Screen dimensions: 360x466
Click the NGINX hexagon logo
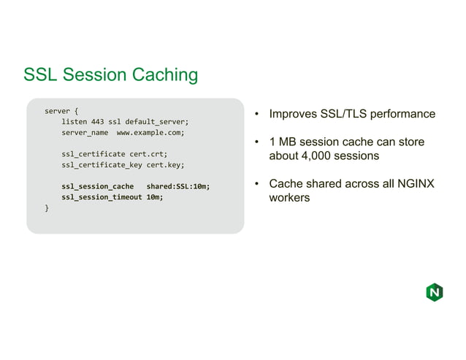tap(434, 293)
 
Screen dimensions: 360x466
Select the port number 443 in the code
tap(97, 121)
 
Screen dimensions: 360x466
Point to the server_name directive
tap(85, 133)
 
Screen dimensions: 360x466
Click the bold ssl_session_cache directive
tap(97, 186)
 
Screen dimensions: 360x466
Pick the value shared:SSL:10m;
tap(178, 186)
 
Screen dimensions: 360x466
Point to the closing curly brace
tap(47, 208)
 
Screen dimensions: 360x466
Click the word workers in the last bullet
tap(289, 198)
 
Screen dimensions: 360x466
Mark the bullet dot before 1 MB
tap(257, 142)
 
